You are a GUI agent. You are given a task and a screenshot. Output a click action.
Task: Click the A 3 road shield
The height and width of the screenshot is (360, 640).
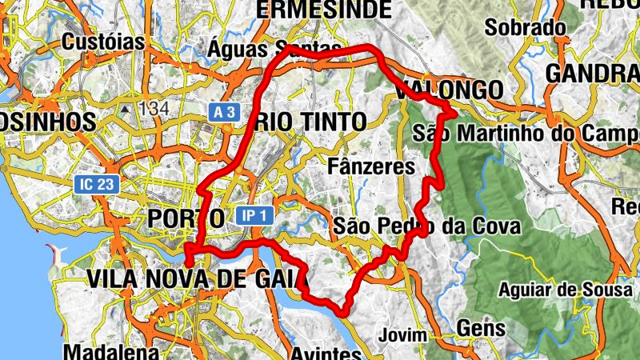[x=225, y=113]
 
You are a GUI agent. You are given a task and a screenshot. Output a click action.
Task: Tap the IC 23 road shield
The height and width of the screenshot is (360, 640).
[x=98, y=184]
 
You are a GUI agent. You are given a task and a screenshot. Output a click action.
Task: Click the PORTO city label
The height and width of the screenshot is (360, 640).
[x=186, y=218]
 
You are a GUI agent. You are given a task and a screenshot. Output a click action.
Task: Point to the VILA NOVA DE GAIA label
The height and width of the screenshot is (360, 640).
[x=197, y=279]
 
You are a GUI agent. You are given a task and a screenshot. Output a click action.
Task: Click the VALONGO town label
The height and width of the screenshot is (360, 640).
[x=449, y=89]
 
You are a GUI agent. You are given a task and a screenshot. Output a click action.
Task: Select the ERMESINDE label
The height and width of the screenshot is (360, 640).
[x=323, y=10]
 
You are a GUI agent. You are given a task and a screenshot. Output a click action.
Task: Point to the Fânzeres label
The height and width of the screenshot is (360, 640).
[x=372, y=166]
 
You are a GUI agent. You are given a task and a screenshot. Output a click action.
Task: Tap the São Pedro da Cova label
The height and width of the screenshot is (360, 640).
[x=427, y=226]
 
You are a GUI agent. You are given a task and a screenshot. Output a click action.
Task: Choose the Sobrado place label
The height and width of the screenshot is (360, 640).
[x=526, y=28]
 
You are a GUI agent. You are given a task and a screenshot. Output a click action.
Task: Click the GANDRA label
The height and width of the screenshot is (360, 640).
[x=593, y=74]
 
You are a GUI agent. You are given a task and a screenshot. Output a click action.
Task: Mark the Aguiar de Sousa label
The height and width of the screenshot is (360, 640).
[x=564, y=290]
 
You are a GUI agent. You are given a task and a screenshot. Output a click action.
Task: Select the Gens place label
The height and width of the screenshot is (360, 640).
[x=481, y=328]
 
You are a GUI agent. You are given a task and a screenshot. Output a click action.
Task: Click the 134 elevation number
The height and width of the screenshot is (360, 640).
[x=154, y=106]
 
